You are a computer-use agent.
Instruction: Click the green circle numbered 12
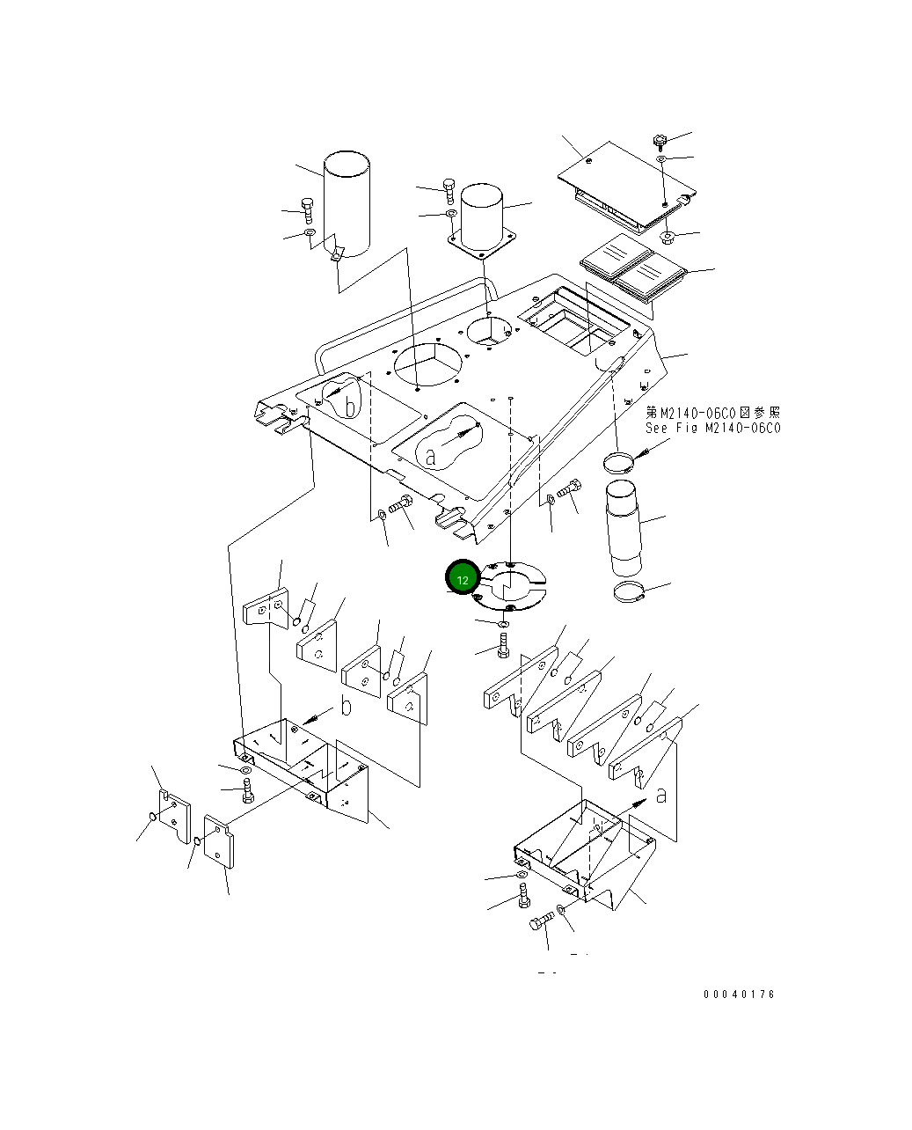tap(463, 578)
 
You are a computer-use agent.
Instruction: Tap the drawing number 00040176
tap(739, 994)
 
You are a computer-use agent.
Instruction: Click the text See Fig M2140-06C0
tap(712, 429)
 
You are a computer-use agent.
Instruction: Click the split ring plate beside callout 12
tap(511, 585)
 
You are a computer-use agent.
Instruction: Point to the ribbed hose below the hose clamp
tap(622, 527)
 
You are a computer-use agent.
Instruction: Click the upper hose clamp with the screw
tap(620, 461)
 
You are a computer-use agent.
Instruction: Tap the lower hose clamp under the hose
tap(630, 595)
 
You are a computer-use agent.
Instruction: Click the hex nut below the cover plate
tap(667, 237)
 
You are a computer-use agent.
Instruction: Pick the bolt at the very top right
tap(660, 140)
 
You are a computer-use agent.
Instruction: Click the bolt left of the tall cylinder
tap(307, 209)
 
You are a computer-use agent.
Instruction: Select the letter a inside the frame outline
tap(430, 458)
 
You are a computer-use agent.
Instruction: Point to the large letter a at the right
tap(660, 795)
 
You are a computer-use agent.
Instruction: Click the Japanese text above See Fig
tap(712, 412)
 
